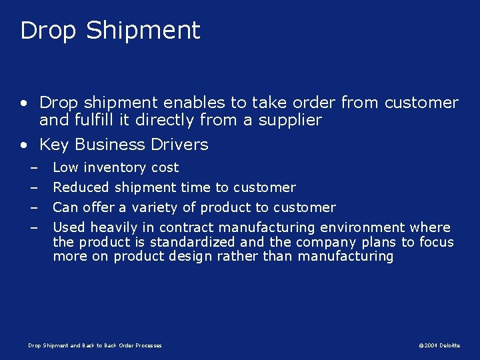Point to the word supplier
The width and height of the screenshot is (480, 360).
[x=291, y=120]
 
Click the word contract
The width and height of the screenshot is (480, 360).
[x=187, y=227]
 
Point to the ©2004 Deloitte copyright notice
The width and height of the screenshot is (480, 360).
[x=439, y=345]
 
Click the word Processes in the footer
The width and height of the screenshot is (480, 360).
[x=148, y=345]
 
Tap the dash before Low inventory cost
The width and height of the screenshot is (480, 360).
[x=32, y=167]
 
